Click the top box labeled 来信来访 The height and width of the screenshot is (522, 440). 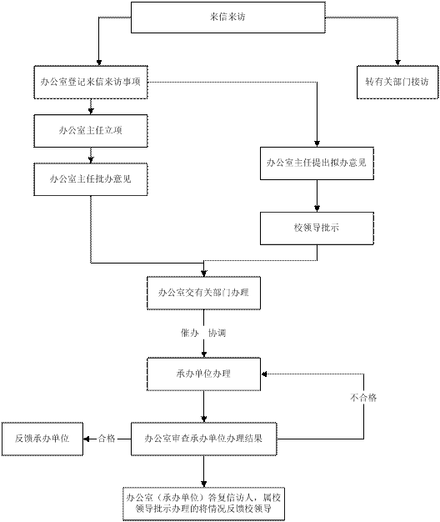pos(228,18)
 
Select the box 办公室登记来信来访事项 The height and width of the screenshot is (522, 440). pos(91,83)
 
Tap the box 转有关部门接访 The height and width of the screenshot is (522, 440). pos(397,83)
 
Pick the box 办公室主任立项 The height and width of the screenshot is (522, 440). pos(91,131)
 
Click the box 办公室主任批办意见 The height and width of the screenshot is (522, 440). pos(91,179)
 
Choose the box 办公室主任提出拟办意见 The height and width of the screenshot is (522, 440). pos(317,163)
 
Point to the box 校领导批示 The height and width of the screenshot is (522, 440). pos(317,228)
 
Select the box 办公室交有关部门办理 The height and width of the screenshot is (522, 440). pos(203,293)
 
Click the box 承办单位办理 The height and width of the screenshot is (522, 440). pos(203,374)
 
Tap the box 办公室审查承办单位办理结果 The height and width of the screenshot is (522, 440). pos(203,439)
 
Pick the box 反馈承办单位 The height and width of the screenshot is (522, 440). pos(42,439)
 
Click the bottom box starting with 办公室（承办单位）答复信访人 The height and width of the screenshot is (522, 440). pos(203,504)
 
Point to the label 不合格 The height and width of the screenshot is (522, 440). pos(363,398)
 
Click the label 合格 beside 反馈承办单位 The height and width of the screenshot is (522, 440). pos(107,439)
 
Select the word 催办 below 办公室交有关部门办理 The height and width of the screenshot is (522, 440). pos(189,333)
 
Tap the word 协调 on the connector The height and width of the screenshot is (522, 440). pos(217,333)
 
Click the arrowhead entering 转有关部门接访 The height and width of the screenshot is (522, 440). pos(397,63)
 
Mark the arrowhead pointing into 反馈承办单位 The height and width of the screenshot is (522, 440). pos(86,439)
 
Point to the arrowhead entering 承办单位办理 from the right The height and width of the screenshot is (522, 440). pos(263,374)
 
